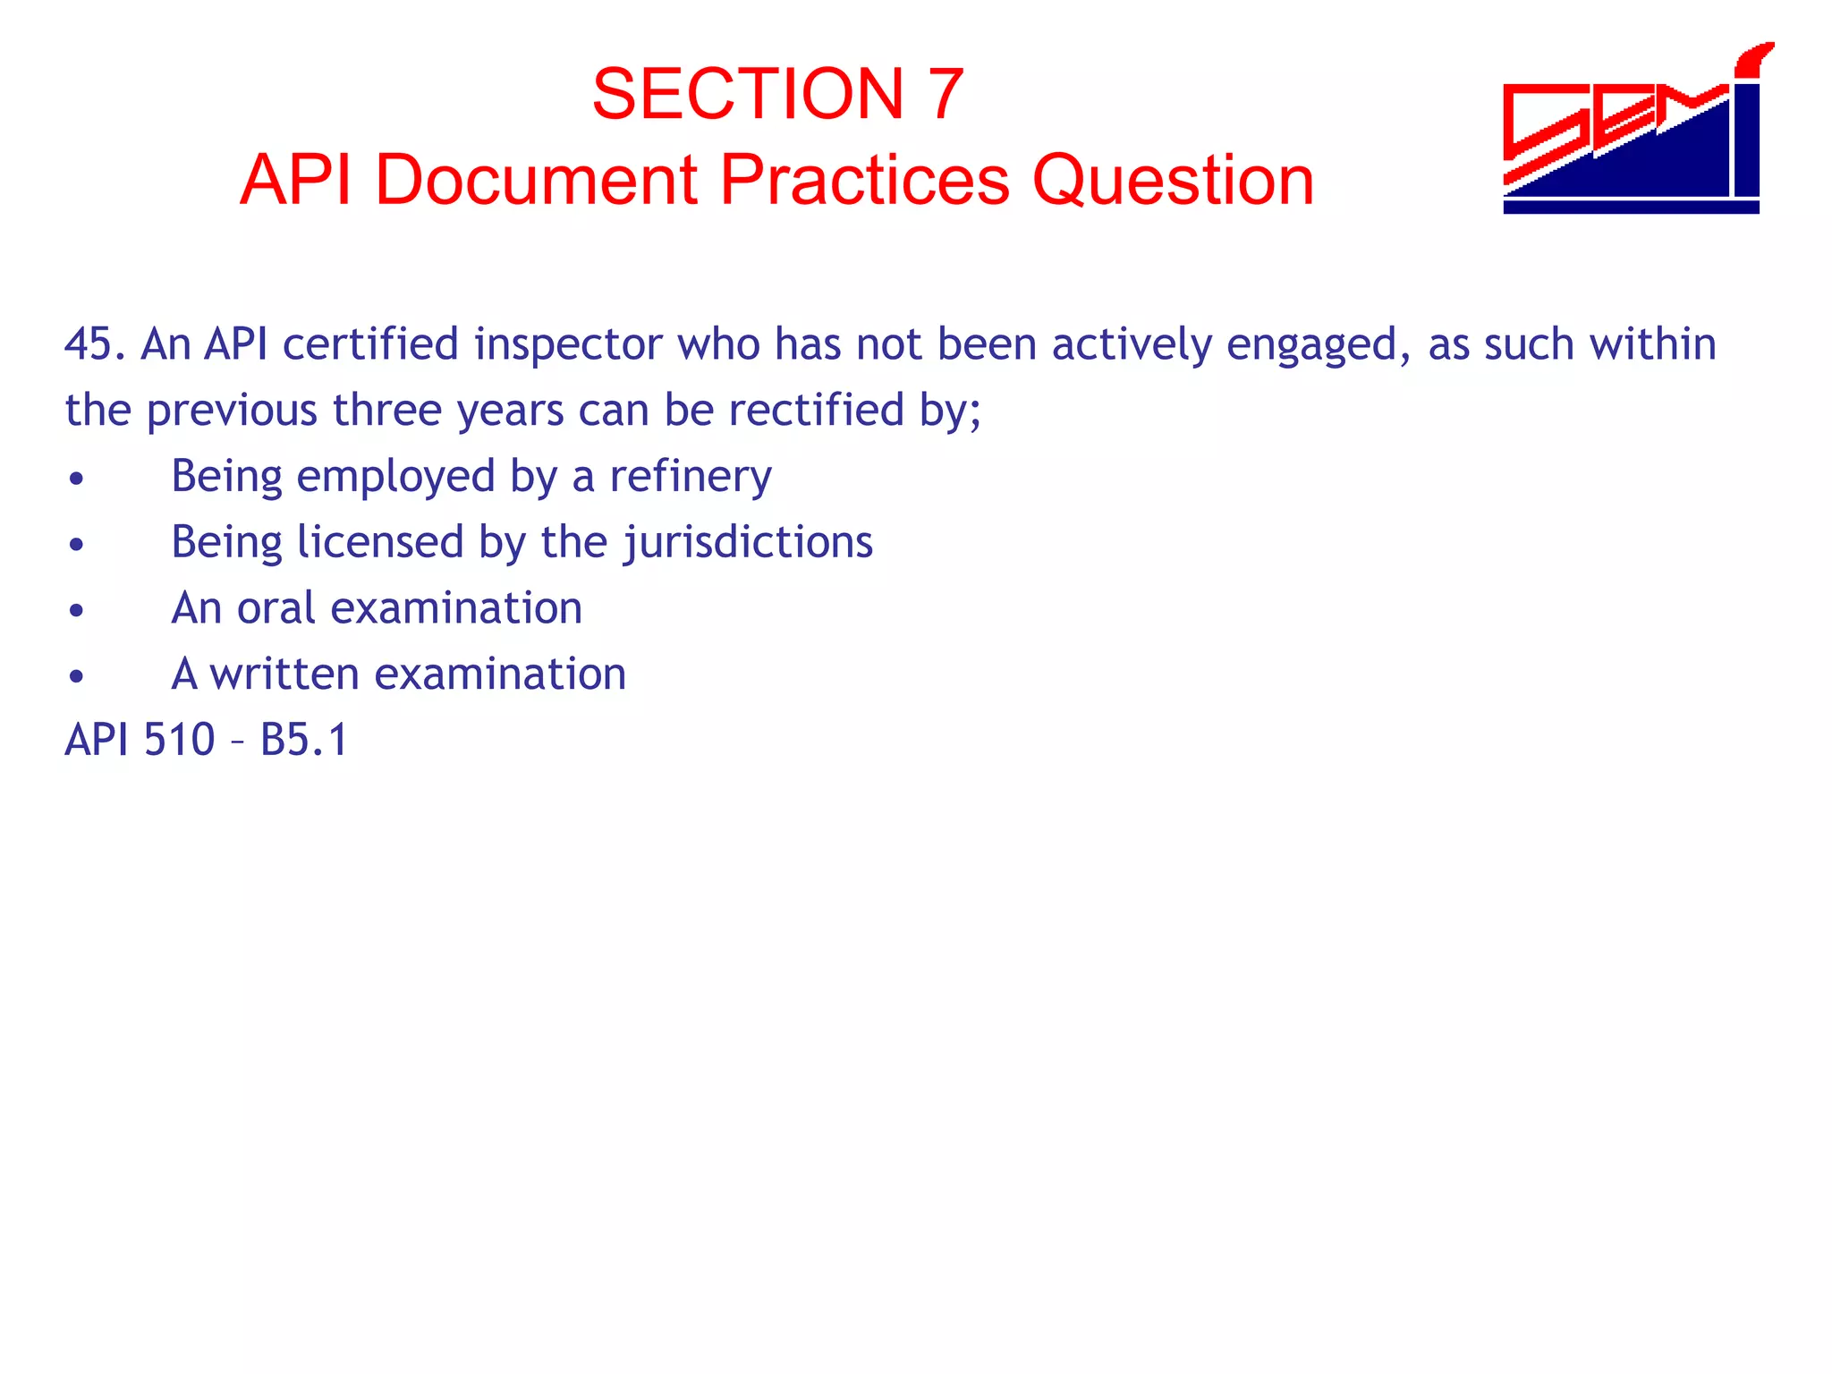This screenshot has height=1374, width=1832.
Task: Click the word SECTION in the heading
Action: click(x=748, y=94)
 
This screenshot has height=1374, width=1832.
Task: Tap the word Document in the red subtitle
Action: click(x=535, y=180)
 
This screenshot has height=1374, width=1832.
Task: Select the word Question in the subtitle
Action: click(x=1173, y=180)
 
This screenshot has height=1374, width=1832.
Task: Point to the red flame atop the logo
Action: click(x=1754, y=58)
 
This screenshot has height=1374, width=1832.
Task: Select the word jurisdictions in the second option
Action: click(x=747, y=543)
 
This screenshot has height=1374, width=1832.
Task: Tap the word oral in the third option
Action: click(x=276, y=608)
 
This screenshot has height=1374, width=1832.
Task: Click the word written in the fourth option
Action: click(x=284, y=674)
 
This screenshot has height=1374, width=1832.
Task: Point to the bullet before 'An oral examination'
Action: click(x=77, y=611)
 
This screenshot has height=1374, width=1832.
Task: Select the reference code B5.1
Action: click(x=303, y=740)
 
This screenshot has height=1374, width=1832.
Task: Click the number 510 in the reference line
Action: click(x=179, y=740)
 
